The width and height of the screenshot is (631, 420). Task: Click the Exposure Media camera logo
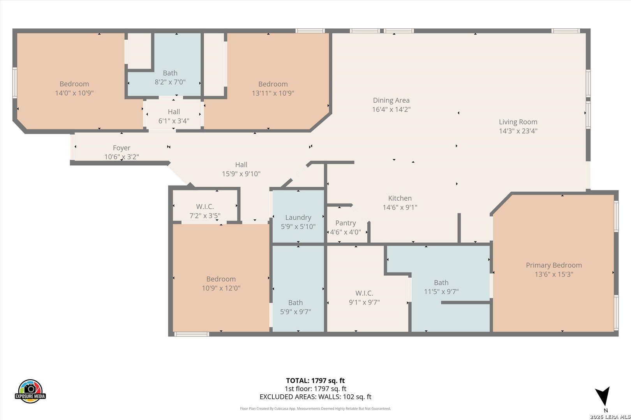coord(30,391)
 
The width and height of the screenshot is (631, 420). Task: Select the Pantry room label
coord(345,223)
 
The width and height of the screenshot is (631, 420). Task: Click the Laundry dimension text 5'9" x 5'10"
coord(298,226)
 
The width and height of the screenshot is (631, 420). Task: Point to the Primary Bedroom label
coord(554,265)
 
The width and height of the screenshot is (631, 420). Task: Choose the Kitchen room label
coord(400,198)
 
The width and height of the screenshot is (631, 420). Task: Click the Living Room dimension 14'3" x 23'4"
coord(518,131)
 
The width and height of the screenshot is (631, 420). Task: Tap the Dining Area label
coord(391,100)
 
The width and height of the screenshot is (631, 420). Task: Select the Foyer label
coord(122,148)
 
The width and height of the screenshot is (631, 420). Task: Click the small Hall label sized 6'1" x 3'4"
coord(174,112)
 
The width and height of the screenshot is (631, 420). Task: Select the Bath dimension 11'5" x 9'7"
coord(441,291)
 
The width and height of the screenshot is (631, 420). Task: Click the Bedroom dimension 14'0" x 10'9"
coord(74,93)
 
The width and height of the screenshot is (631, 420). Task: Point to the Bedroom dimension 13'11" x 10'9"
coord(273,93)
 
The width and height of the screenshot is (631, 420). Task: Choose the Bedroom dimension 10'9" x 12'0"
coord(221,288)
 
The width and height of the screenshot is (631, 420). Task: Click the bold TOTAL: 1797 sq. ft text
coord(315,381)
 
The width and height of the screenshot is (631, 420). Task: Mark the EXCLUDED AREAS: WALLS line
coord(315,397)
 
